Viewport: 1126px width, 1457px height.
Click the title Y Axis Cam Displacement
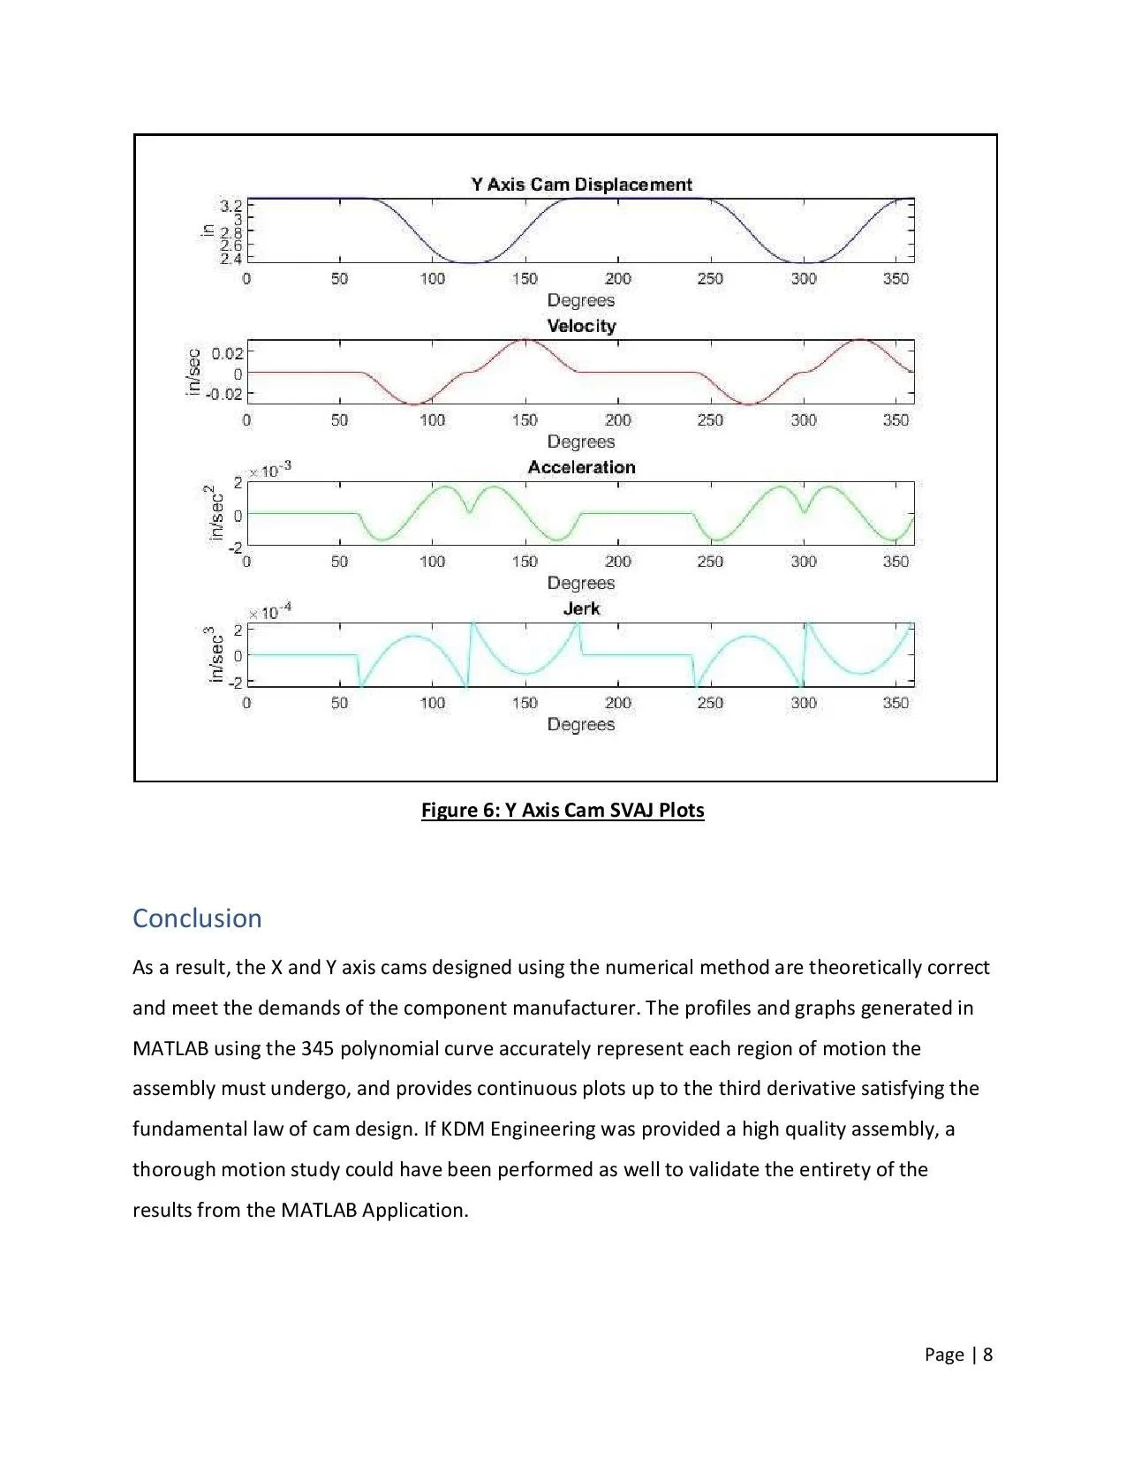581,185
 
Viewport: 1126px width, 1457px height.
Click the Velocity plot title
581,326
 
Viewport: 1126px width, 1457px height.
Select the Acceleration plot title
581,467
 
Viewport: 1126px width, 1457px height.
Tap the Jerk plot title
581,608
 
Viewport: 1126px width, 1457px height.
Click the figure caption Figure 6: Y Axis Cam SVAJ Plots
563,810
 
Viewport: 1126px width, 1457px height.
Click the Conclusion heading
197,918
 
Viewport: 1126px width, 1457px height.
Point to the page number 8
987,1355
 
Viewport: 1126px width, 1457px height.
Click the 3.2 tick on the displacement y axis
230,206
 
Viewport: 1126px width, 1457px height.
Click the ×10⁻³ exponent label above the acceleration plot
269,472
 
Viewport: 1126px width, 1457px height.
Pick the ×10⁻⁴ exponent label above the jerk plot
269,613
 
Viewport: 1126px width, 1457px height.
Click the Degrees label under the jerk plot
581,724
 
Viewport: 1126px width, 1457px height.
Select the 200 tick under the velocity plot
618,420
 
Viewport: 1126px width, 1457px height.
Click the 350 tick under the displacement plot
896,279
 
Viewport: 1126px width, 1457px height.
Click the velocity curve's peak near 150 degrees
525,340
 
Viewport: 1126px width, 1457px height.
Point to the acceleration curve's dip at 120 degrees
469,511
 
